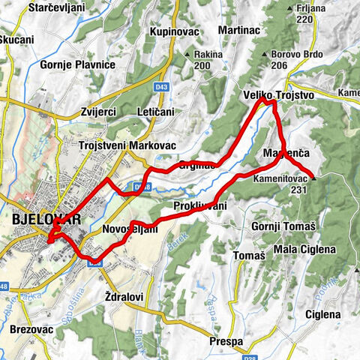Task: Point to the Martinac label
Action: tap(239, 30)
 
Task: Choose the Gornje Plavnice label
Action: tap(78, 64)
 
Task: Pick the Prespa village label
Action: tap(226, 341)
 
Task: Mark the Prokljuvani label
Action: tap(199, 205)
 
